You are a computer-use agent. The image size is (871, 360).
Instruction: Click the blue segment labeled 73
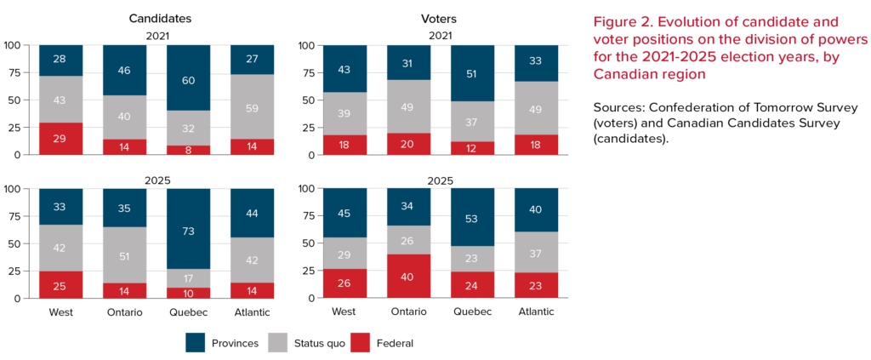(x=188, y=228)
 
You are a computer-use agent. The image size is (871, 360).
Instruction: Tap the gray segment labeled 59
(x=252, y=106)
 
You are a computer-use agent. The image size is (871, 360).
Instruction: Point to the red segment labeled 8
(x=188, y=150)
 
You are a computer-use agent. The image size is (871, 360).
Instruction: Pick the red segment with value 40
(x=408, y=277)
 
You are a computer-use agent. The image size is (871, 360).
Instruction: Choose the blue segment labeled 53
(x=472, y=217)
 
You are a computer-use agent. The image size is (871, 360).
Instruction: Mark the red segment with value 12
(x=472, y=148)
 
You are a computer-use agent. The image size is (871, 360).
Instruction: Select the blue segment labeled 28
(x=60, y=60)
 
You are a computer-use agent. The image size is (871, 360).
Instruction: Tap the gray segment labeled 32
(x=188, y=128)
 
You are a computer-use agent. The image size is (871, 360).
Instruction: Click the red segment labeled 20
(x=408, y=145)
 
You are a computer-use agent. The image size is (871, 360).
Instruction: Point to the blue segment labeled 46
(x=124, y=70)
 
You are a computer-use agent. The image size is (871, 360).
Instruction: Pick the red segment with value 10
(x=188, y=293)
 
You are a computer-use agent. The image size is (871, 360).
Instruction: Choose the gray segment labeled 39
(x=344, y=113)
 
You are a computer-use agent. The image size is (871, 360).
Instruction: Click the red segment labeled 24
(x=472, y=284)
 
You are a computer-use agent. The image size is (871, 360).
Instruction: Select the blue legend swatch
(x=195, y=342)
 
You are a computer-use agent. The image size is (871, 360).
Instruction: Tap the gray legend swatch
(x=277, y=342)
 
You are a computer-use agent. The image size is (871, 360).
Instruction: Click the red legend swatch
(x=360, y=342)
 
